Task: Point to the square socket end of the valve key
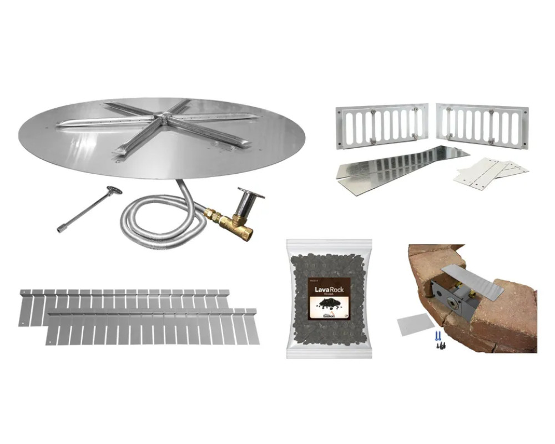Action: (x=60, y=229)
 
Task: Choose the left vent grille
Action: (x=381, y=127)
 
